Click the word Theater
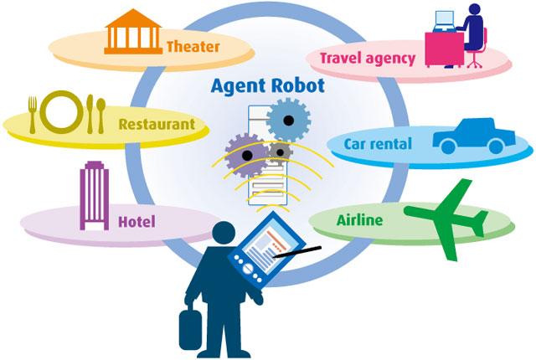(192, 46)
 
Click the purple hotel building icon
(91, 197)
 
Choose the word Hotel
(136, 222)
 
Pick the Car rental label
(378, 144)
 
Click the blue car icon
(471, 137)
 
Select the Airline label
(359, 220)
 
